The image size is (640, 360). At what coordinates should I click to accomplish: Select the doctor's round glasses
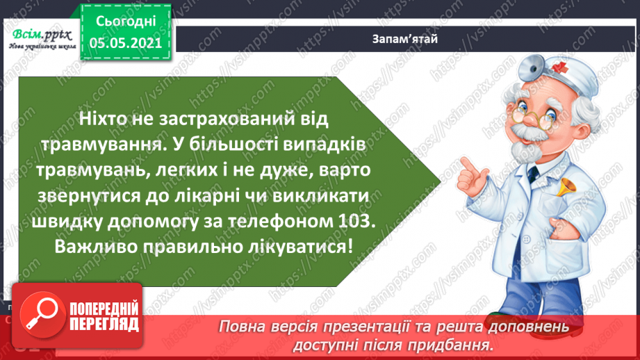526,111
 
